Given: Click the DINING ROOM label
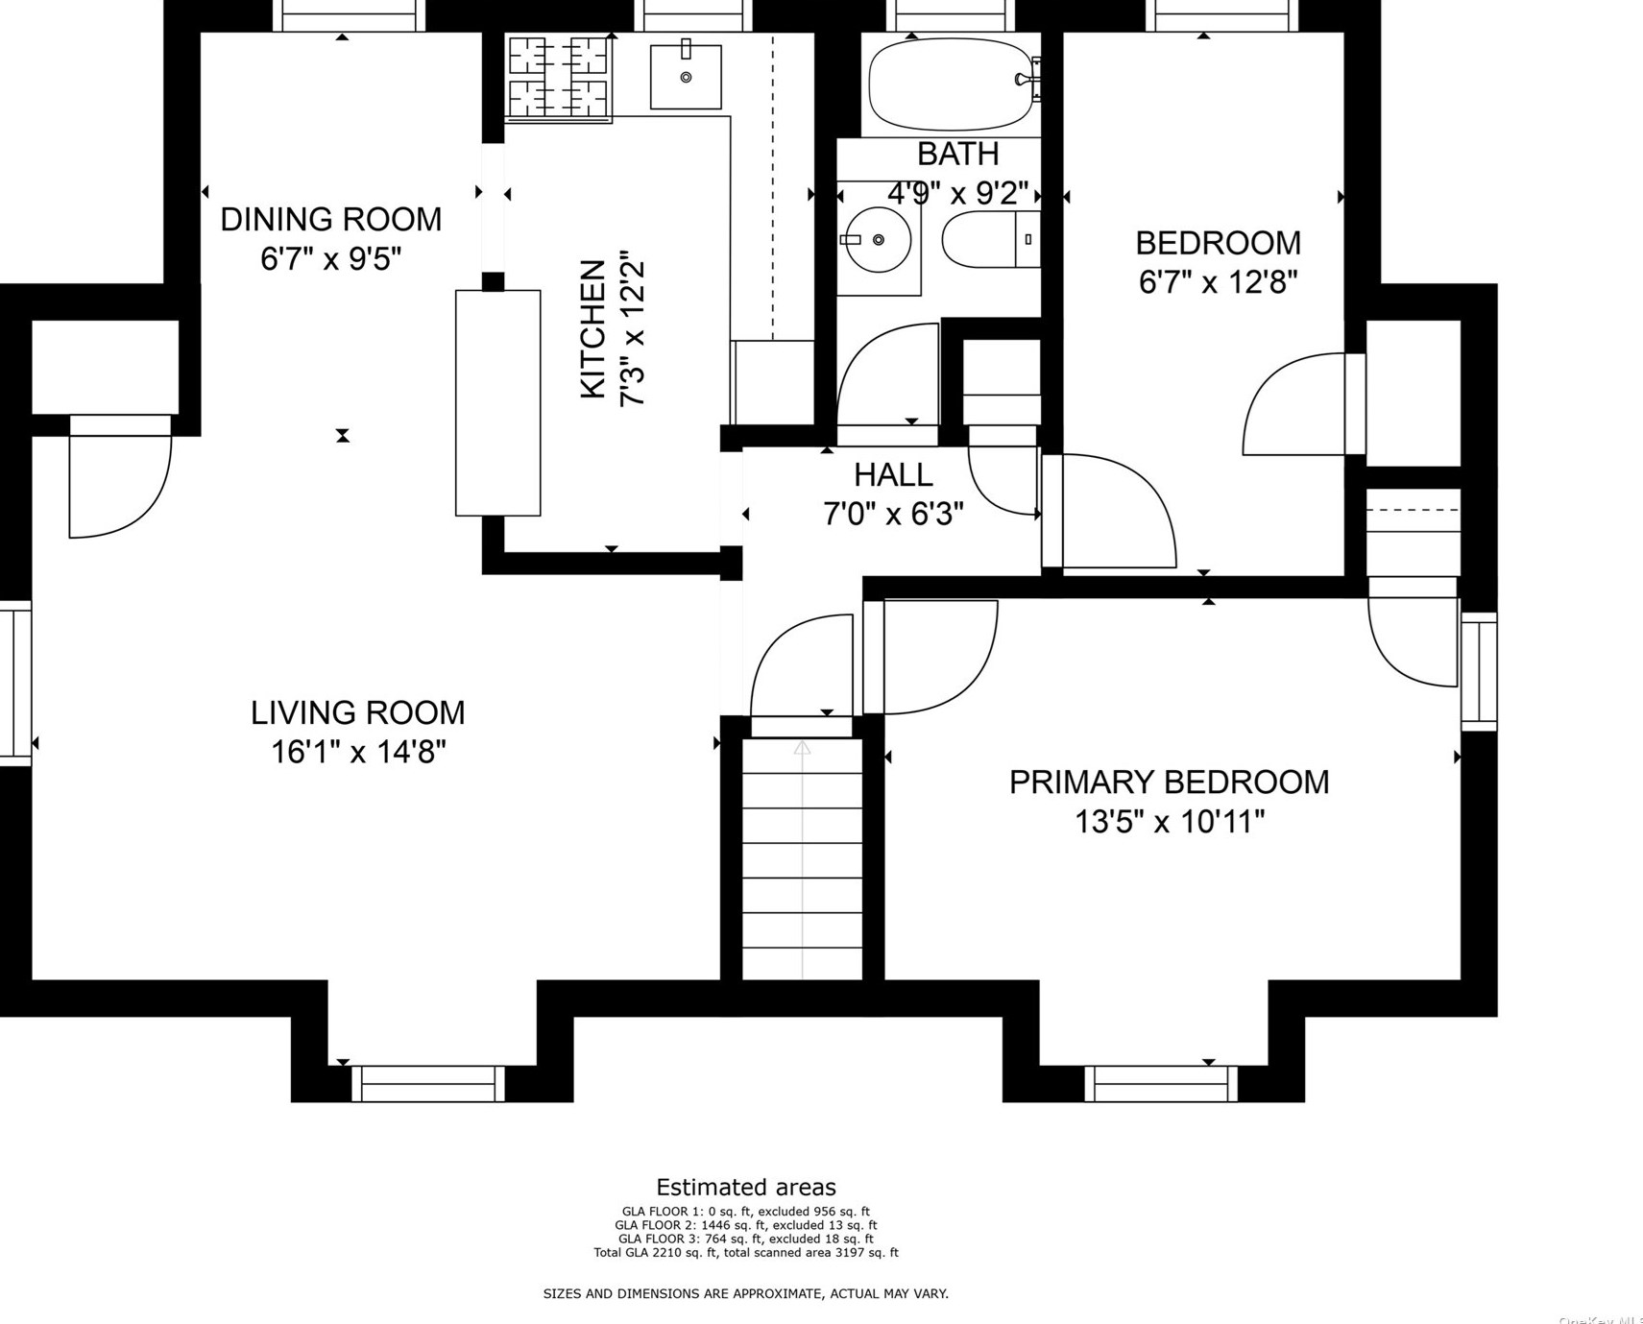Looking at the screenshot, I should tap(330, 219).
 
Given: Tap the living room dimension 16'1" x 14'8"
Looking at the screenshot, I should tap(357, 752).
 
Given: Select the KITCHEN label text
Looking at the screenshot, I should tap(593, 329).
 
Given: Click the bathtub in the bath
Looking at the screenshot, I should tap(948, 84).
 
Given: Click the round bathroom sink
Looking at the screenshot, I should tap(877, 239).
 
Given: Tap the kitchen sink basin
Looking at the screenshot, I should tap(686, 76).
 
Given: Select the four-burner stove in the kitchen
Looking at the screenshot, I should tap(558, 78).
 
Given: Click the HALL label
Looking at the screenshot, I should tap(893, 474).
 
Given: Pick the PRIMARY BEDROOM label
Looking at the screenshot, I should tap(1169, 782).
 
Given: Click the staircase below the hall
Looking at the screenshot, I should tap(802, 859).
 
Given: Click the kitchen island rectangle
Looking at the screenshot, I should tap(497, 403).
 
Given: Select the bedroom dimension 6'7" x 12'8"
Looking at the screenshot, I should tap(1218, 282).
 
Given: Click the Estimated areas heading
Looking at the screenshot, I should tap(745, 1188).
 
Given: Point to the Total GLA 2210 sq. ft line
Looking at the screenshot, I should tap(745, 1252).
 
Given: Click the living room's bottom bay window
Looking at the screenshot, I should tap(428, 1083).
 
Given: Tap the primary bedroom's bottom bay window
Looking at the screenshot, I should tap(1161, 1083).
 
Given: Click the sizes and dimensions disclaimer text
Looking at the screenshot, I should tap(745, 1293).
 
